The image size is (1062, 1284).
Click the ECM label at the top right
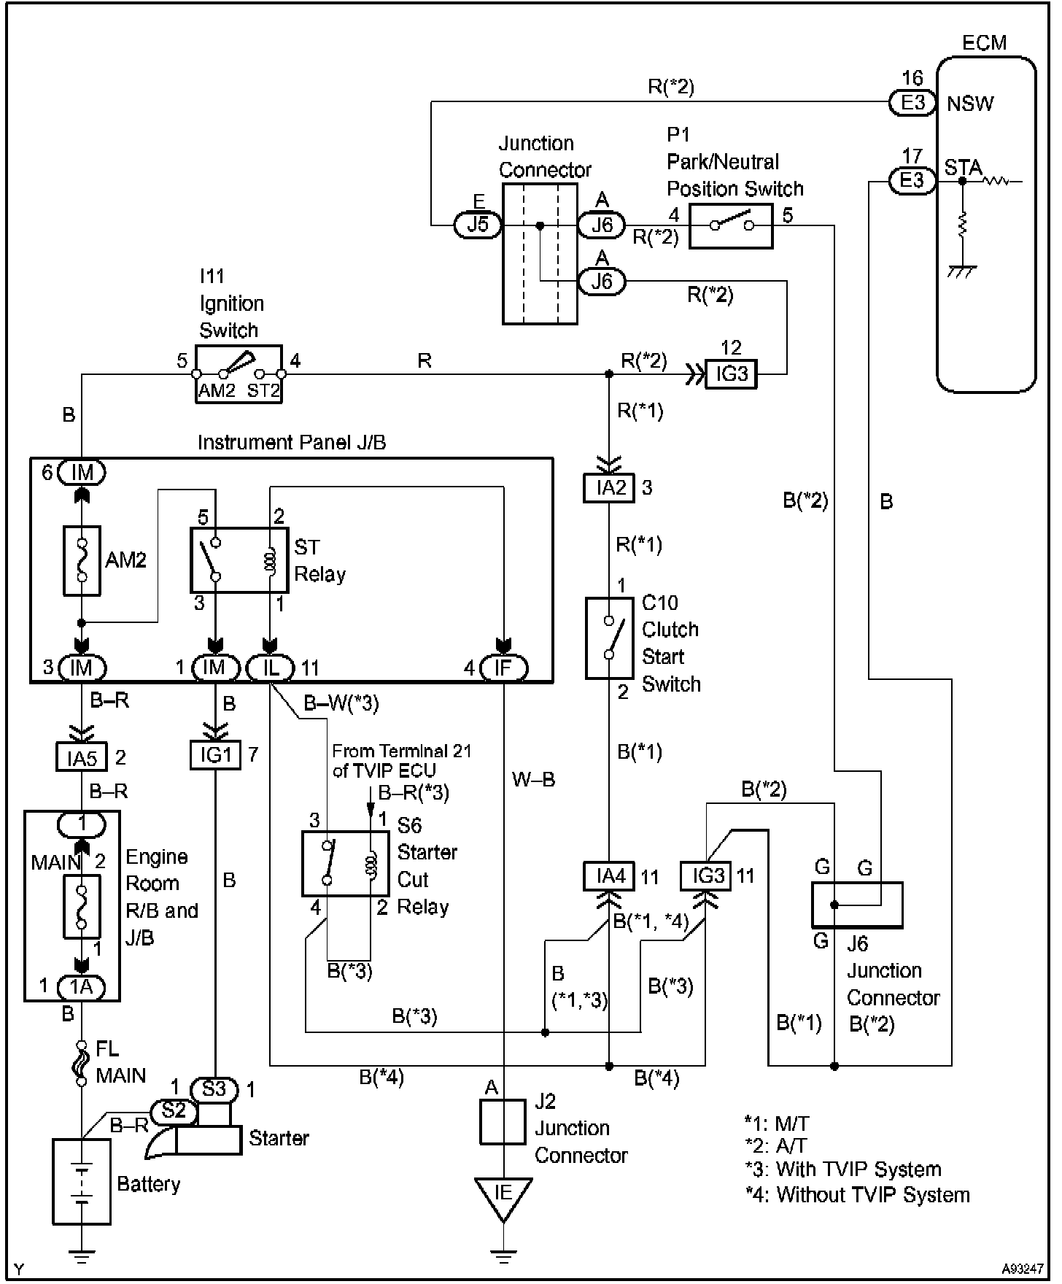tap(984, 43)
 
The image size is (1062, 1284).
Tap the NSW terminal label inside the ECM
tap(970, 104)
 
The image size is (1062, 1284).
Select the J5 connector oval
tap(478, 224)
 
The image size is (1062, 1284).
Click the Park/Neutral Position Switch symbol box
tap(731, 226)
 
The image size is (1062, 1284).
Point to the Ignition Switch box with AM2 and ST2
tap(239, 374)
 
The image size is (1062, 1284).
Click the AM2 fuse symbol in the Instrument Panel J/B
tap(82, 560)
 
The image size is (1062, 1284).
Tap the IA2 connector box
tap(609, 488)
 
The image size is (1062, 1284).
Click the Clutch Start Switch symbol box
tap(609, 638)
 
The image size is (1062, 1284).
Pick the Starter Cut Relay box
tap(346, 863)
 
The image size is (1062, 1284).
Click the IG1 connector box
tap(214, 755)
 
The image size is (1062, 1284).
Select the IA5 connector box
tap(82, 757)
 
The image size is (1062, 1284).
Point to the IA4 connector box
tap(609, 876)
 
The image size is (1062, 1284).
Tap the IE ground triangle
tap(503, 1197)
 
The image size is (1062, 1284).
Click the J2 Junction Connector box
tap(503, 1122)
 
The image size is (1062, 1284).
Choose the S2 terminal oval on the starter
tap(174, 1111)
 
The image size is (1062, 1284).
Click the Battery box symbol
tap(82, 1181)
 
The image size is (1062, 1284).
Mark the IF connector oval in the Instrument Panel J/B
tap(503, 668)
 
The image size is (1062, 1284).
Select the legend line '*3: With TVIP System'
tap(843, 1169)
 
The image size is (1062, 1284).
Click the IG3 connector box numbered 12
tap(731, 374)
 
